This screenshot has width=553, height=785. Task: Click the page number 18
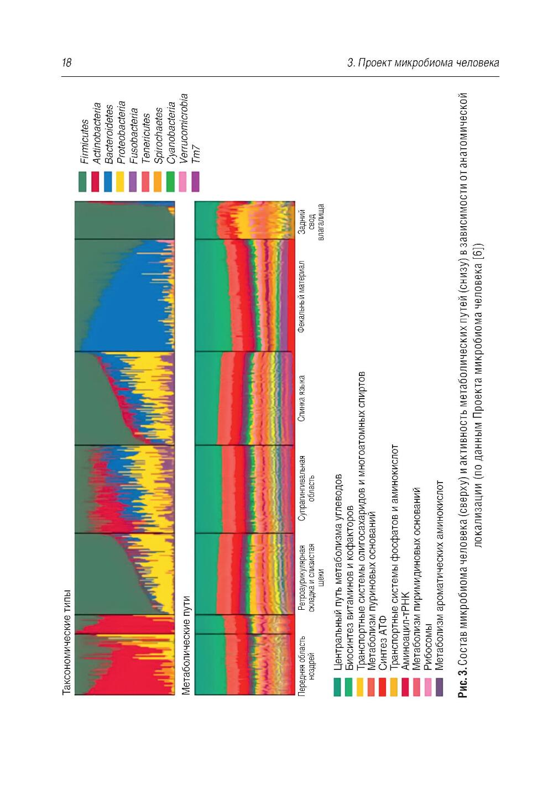[x=67, y=62]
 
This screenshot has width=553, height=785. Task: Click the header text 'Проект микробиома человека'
[x=428, y=62]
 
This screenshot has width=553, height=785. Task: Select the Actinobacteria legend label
[x=96, y=133]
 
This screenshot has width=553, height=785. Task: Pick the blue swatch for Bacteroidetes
[x=108, y=181]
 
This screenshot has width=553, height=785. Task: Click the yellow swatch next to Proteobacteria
[x=120, y=181]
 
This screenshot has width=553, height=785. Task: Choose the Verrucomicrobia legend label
[x=182, y=128]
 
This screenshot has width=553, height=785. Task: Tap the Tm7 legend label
[x=195, y=153]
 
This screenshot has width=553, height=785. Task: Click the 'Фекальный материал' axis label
[x=301, y=296]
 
